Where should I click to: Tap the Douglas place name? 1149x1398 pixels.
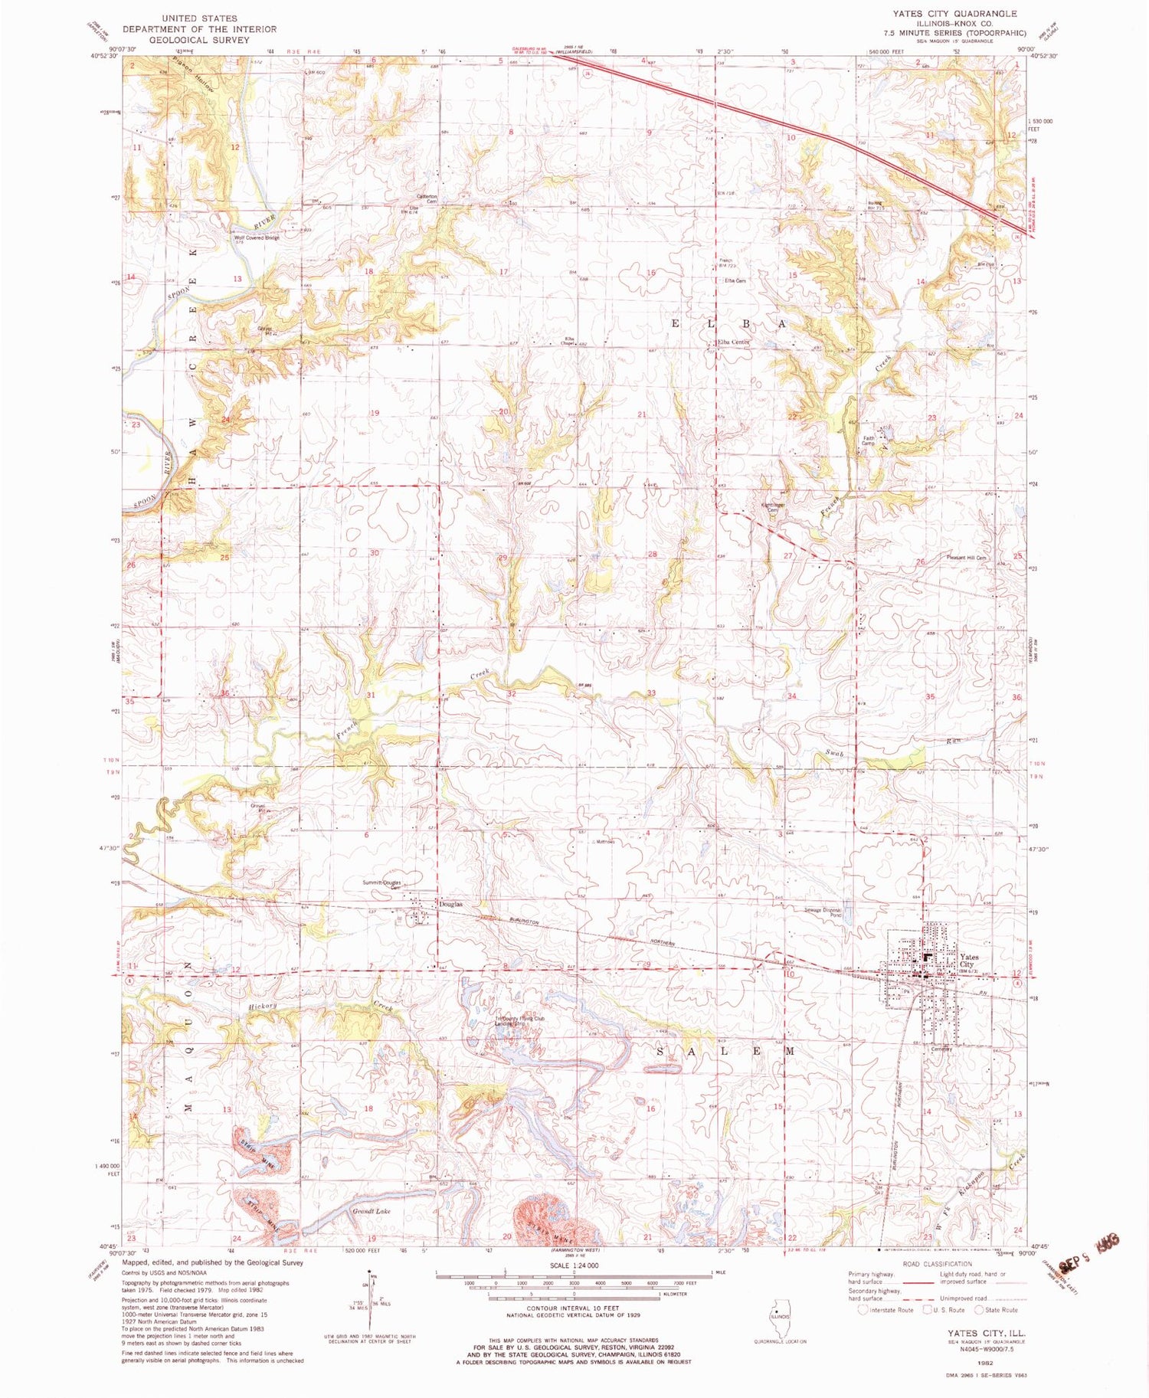tap(450, 904)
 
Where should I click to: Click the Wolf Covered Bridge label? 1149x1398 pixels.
tap(257, 237)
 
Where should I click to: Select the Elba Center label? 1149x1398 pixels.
tap(733, 342)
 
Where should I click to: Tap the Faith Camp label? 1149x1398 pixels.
tap(868, 440)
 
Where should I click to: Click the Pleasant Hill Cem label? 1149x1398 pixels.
tap(966, 558)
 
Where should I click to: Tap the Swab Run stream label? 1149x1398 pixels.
tap(835, 755)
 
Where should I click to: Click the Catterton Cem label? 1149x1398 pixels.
tap(427, 198)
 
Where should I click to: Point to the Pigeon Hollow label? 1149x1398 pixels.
tap(204, 77)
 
